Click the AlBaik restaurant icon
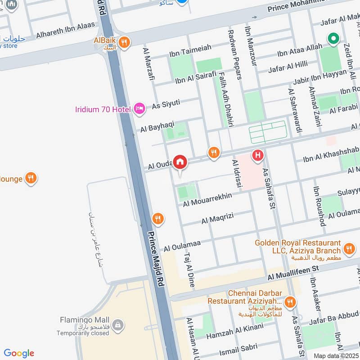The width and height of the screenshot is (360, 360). click(x=125, y=42)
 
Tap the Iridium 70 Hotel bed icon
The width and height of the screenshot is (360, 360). click(x=139, y=108)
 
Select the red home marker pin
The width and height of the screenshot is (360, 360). click(x=180, y=162)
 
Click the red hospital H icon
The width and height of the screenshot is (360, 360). click(x=257, y=155)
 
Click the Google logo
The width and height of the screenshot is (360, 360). click(x=19, y=353)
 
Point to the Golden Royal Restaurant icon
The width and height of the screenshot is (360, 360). click(x=349, y=248)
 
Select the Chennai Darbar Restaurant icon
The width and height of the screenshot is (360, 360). click(x=291, y=302)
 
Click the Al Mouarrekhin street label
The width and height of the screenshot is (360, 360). click(x=207, y=200)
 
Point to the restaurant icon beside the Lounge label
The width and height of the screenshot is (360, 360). click(x=31, y=178)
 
